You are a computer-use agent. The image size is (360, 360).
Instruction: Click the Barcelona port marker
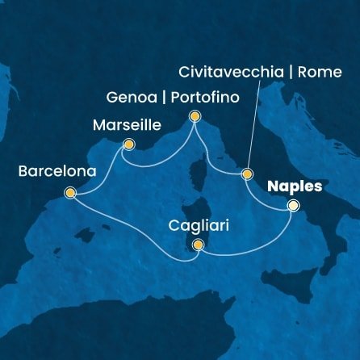tap(70, 193)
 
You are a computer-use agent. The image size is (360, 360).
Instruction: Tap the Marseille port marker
tap(128, 145)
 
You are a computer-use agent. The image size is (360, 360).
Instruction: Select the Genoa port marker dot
tap(195, 117)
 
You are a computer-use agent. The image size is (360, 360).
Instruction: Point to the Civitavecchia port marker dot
tap(247, 174)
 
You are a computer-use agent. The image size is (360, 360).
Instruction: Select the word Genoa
tap(130, 98)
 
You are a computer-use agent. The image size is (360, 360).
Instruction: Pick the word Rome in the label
tap(319, 70)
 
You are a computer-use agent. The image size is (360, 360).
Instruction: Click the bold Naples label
tap(295, 186)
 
